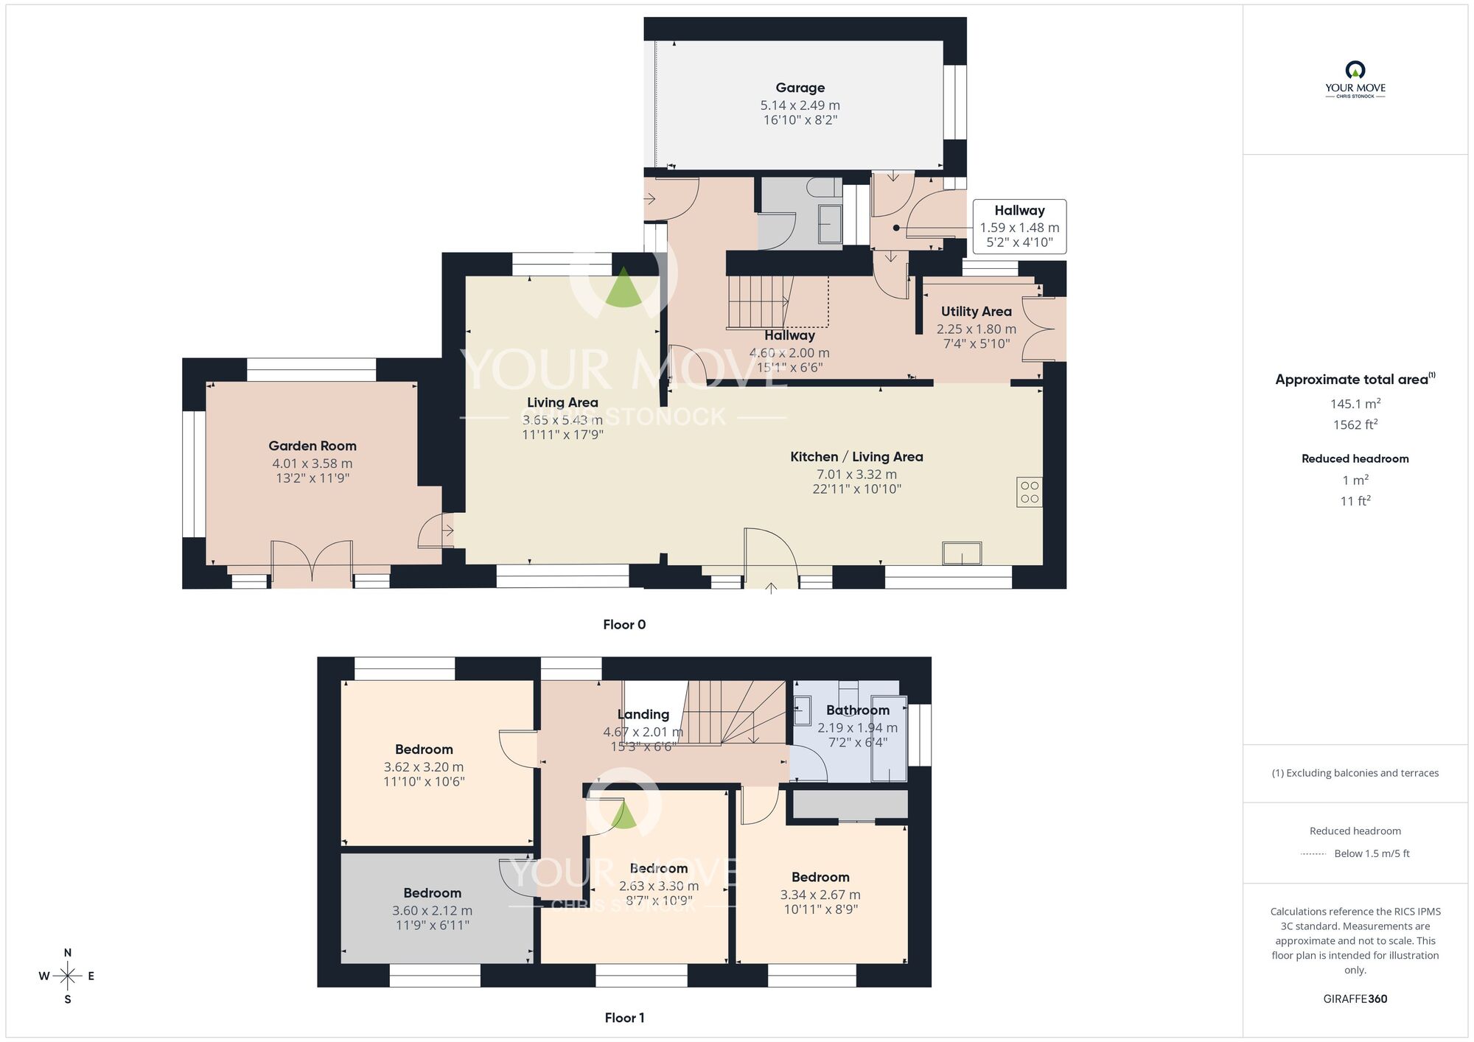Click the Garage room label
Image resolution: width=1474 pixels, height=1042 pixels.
tap(800, 88)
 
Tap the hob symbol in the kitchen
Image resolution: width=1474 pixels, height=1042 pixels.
tap(1030, 492)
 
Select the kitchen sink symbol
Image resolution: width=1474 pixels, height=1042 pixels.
tap(962, 553)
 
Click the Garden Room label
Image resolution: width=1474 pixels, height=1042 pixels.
tap(312, 446)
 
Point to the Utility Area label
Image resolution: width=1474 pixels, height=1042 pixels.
tap(976, 312)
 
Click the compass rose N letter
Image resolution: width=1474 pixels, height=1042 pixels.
tap(68, 953)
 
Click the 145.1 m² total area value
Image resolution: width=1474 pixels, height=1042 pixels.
tap(1355, 404)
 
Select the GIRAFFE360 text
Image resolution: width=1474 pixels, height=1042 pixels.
tap(1355, 999)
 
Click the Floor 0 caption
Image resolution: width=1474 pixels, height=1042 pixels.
tap(624, 625)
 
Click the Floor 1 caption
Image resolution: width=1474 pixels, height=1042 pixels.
tap(624, 1018)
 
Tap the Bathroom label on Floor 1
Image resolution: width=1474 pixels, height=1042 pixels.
tap(857, 710)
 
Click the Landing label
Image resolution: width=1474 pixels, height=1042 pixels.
tap(643, 715)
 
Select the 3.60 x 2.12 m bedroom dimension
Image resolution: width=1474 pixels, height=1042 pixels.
tap(432, 911)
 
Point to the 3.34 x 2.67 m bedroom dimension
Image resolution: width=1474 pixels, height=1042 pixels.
tap(820, 895)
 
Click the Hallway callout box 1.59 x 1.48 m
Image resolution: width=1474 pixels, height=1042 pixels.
tap(1019, 227)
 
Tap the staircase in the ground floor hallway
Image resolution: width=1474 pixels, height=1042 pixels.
tap(759, 302)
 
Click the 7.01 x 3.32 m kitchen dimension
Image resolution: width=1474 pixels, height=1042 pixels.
tap(856, 475)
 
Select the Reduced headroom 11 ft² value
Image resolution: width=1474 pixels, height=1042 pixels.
tap(1355, 501)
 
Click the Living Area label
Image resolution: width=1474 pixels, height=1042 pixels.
tap(562, 402)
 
